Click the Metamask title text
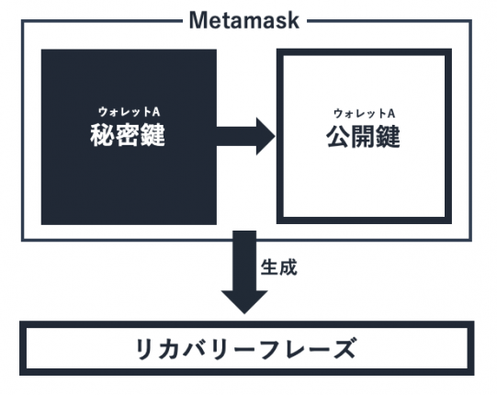point(244,20)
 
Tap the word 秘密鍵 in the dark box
point(128,135)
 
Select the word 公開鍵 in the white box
point(363,137)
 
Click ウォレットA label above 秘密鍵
point(129,112)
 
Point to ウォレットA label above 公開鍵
point(364,113)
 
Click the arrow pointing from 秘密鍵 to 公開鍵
point(246,136)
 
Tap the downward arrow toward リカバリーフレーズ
point(244,272)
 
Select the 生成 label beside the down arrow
point(279,267)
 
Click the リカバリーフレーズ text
point(245,349)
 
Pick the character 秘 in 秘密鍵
point(102,135)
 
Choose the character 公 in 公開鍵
point(338,137)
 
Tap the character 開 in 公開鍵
point(363,137)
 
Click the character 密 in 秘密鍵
point(128,135)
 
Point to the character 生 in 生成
point(269,267)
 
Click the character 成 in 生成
point(288,267)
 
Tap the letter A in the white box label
point(390,113)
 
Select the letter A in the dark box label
point(155,111)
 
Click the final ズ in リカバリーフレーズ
point(342,349)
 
